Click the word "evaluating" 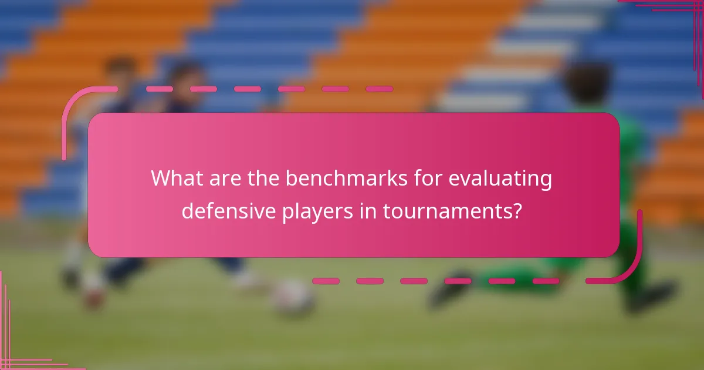(500, 179)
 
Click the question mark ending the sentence (516, 210)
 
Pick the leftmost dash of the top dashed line (159, 89)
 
